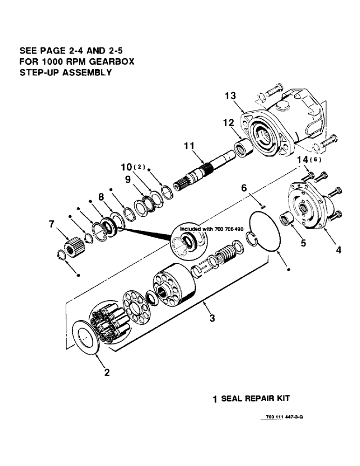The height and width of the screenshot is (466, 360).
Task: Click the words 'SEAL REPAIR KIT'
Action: [x=255, y=399]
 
